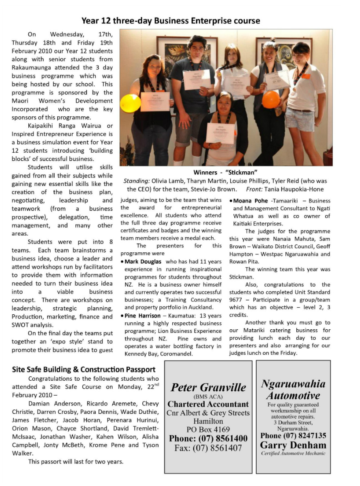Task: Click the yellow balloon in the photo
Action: coord(130,103)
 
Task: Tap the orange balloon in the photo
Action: coord(271,99)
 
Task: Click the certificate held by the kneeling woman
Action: coord(220,133)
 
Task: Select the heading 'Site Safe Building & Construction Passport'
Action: coord(84,369)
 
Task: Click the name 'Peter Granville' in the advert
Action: coord(208,387)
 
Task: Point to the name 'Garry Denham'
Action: coord(293,445)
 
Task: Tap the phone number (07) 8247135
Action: coord(293,435)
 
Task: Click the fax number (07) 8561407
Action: coord(208,448)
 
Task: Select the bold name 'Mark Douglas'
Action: coord(143,262)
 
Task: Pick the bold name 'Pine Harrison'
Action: coord(143,316)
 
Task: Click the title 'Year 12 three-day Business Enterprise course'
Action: coord(171,21)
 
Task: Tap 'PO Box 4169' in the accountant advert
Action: coord(208,430)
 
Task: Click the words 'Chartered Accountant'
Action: coord(208,404)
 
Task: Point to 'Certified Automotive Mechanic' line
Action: coord(293,453)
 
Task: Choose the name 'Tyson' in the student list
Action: coord(151,445)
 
